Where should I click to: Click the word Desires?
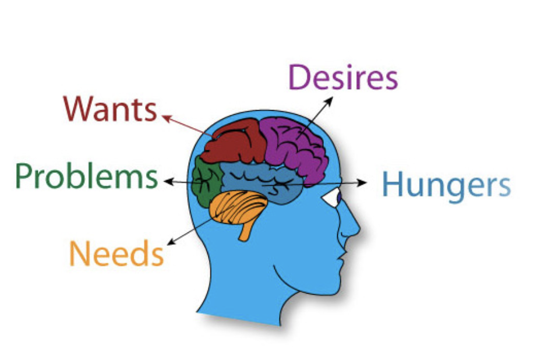click(343, 78)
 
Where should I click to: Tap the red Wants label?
click(110, 109)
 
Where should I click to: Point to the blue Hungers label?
click(446, 185)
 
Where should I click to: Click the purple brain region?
click(297, 146)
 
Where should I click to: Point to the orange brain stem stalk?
click(246, 231)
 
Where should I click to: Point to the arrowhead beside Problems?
click(167, 182)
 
